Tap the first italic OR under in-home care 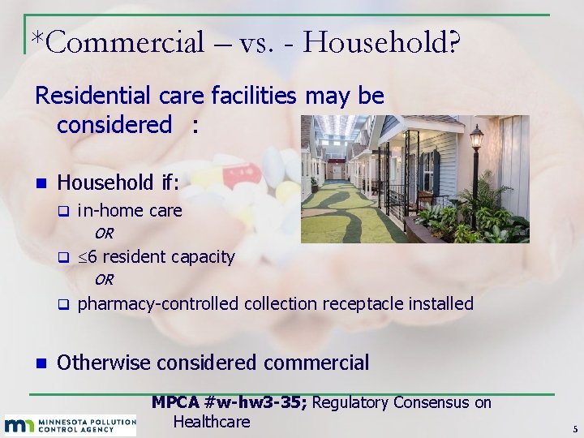104,234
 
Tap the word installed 441,304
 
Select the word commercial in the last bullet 313,363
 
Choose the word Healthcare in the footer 211,422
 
